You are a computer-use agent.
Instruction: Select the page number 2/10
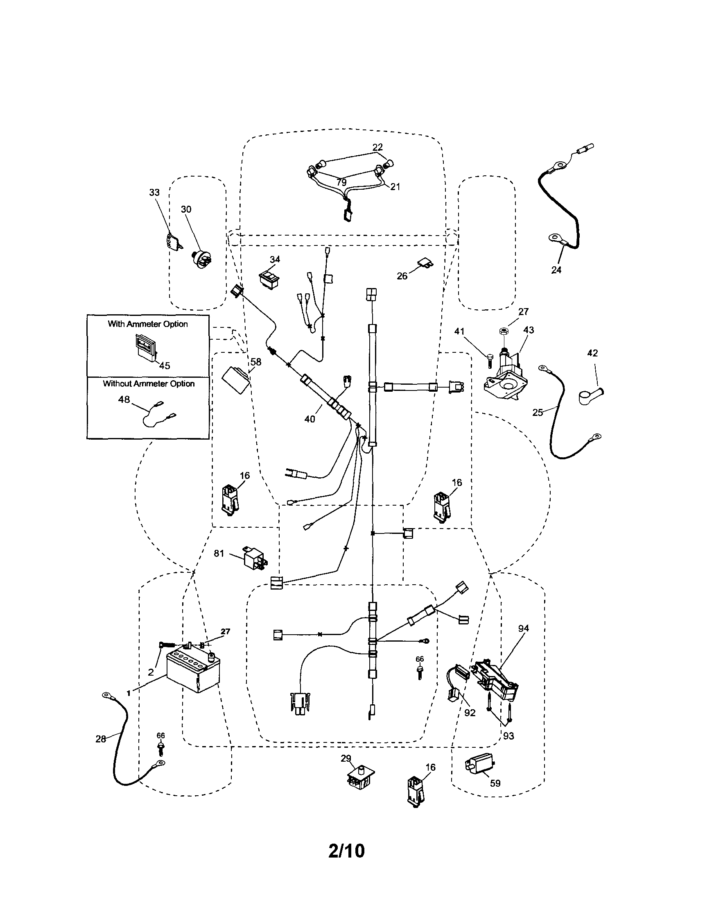tap(346, 851)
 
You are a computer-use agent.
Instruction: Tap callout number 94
tap(524, 629)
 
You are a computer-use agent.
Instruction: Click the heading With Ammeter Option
tap(148, 324)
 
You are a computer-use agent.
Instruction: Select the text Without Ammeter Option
tap(149, 384)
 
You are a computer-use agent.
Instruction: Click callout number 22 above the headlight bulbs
tap(377, 147)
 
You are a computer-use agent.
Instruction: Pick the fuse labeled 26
tap(424, 264)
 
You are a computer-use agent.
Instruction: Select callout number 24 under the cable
tap(556, 270)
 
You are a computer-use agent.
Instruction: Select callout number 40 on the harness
tap(310, 419)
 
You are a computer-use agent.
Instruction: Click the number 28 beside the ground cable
tap(101, 739)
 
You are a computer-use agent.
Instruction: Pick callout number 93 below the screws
tap(508, 736)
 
